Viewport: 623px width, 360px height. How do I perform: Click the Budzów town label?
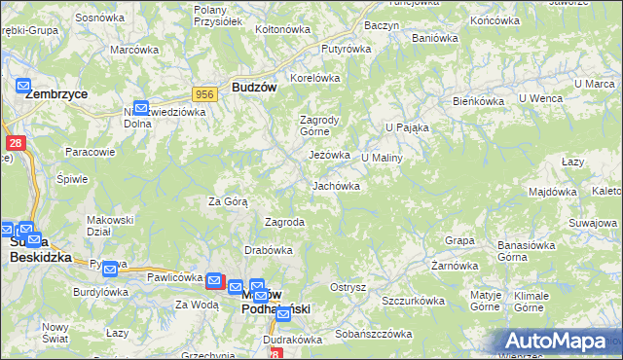tap(255, 87)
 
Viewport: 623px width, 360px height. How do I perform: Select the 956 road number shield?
tap(203, 93)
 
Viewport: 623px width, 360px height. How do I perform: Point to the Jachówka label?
tap(336, 185)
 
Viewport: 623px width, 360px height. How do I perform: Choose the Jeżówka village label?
tap(329, 155)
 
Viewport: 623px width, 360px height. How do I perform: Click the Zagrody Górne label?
tap(318, 126)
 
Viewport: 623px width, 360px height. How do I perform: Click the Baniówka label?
tap(434, 39)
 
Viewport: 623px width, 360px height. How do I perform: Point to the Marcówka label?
tap(134, 50)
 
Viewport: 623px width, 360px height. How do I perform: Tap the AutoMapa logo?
tap(560, 341)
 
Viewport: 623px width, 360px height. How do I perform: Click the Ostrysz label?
tap(348, 287)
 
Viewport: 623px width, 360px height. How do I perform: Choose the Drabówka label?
tap(269, 250)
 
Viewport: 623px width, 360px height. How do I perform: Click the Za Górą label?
tap(228, 202)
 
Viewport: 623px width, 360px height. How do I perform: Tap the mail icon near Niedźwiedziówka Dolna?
tap(141, 108)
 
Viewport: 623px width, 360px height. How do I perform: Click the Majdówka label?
tap(553, 192)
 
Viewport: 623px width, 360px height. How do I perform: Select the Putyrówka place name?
tap(347, 48)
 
